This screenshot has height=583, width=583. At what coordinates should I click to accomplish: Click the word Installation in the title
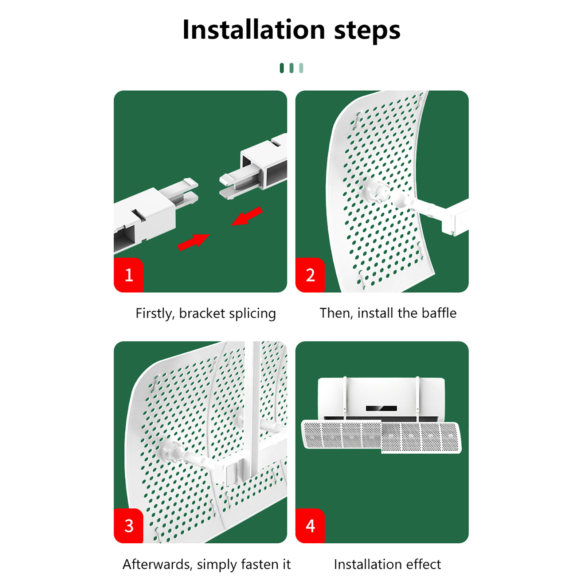point(254,30)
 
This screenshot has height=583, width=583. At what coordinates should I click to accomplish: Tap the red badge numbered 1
point(128,275)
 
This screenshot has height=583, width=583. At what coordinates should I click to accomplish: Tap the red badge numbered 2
point(310,275)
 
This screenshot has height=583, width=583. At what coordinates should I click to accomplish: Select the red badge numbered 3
point(128,526)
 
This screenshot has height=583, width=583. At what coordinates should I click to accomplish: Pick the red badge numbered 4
point(310,526)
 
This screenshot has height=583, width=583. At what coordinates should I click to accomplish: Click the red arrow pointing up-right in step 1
point(193,242)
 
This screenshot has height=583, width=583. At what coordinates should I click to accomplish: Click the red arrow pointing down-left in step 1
point(247,216)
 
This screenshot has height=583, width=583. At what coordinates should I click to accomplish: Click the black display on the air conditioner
point(382,408)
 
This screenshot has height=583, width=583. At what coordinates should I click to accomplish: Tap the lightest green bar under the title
point(301,68)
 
